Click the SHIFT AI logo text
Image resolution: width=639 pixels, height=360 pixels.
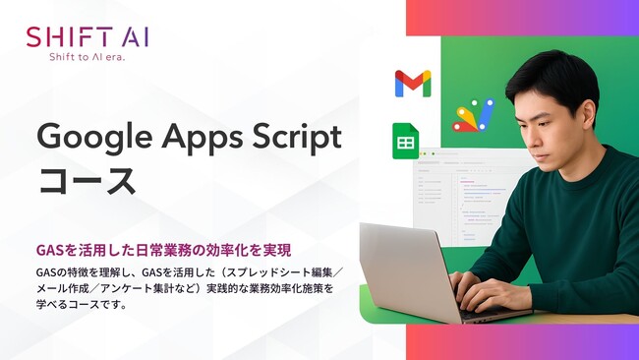pos(87,37)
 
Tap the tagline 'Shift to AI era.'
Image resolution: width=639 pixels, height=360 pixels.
pos(87,57)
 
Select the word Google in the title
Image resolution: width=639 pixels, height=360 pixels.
pos(86,138)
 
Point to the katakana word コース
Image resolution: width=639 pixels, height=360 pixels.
pos(86,182)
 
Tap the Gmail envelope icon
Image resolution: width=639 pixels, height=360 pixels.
pos(413,84)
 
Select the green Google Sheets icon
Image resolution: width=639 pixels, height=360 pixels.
pos(405,141)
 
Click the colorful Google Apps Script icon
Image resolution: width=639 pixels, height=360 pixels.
pos(473,115)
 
